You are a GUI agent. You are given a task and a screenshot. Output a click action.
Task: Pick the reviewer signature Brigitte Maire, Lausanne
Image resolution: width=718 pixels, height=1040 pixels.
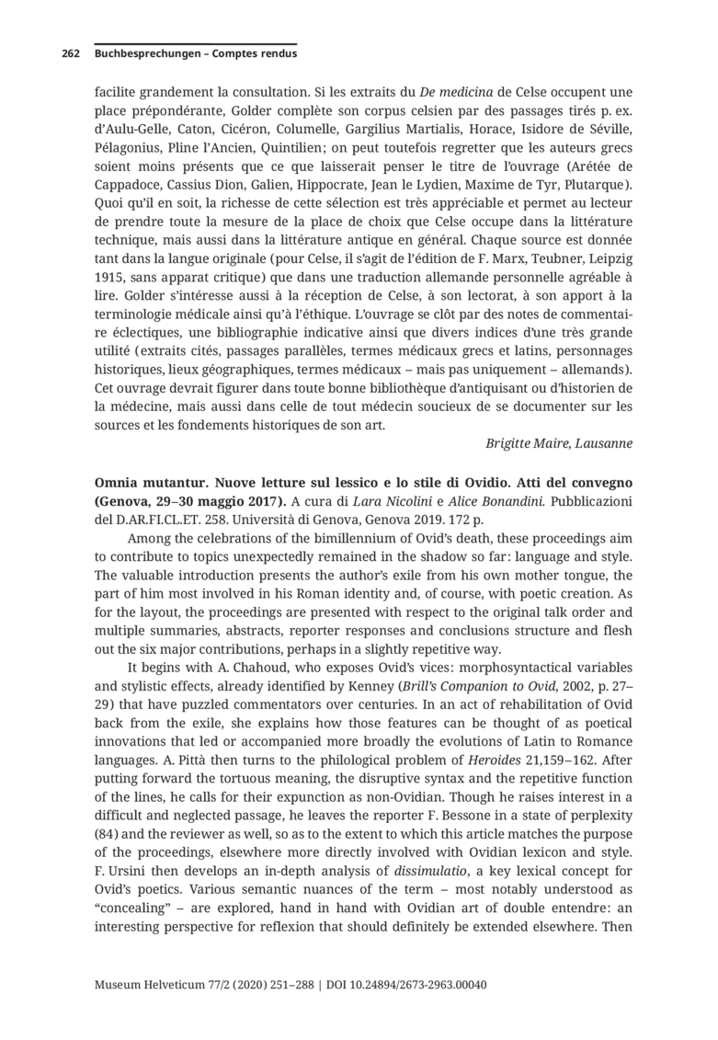coord(558,443)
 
